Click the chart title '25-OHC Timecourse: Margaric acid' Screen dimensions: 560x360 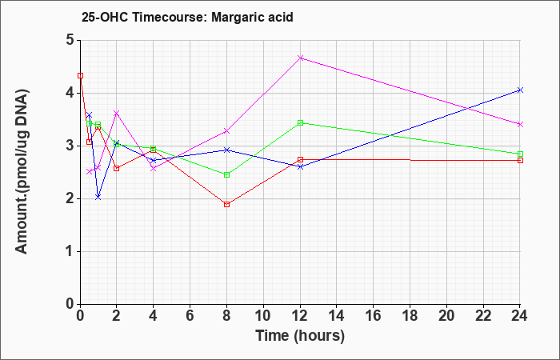[187, 17]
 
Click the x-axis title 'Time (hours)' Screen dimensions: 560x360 [300, 336]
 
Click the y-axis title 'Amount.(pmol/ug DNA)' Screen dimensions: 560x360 [22, 172]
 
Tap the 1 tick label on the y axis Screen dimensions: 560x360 [70, 252]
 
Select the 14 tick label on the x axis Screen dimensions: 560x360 [337, 316]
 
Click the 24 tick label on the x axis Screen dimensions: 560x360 [520, 316]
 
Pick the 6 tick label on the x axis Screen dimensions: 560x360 [190, 316]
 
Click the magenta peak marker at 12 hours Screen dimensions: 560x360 [300, 58]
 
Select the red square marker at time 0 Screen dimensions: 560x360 [80, 76]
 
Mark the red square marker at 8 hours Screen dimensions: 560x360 [226, 204]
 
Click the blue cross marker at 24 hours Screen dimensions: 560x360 [520, 90]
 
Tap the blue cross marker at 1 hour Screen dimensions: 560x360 [98, 197]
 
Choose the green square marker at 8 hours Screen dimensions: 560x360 [226, 174]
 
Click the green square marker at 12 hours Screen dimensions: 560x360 [300, 123]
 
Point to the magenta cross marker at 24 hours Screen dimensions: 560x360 [520, 124]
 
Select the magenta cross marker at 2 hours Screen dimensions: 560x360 [117, 114]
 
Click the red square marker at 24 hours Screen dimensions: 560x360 [520, 160]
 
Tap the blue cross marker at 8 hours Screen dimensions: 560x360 [226, 150]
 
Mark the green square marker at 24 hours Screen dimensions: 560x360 [520, 154]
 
